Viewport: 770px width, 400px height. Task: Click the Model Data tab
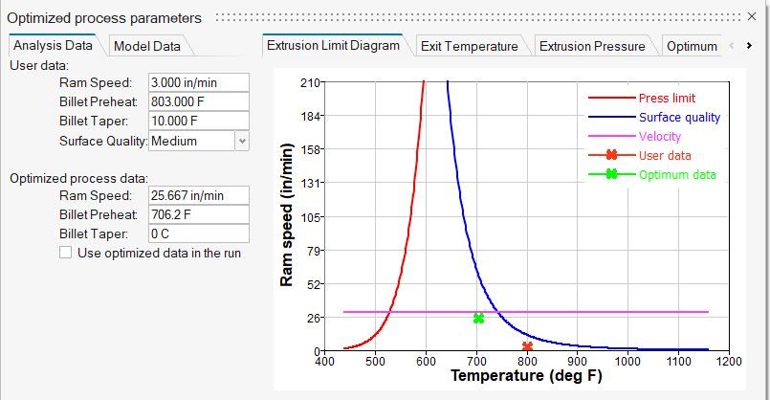(x=146, y=46)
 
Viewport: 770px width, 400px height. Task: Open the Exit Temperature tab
(x=469, y=46)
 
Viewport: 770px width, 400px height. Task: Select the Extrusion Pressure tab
(x=589, y=46)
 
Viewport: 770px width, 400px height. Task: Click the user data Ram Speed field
(x=198, y=83)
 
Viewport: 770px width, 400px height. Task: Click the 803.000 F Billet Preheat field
(x=198, y=102)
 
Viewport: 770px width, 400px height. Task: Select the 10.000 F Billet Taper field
(x=198, y=122)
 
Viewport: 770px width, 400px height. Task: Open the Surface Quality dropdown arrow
(x=242, y=141)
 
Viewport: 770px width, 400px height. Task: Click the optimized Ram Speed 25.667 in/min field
(x=198, y=195)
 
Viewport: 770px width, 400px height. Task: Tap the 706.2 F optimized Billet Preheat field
(x=198, y=214)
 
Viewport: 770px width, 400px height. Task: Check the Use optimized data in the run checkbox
(x=65, y=253)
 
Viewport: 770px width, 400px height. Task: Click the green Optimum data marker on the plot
(x=478, y=319)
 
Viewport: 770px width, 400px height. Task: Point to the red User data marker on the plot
(x=527, y=346)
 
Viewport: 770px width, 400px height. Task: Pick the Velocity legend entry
(x=660, y=136)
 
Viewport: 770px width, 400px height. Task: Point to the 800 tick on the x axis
(x=527, y=363)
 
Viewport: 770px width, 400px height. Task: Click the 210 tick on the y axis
(x=308, y=82)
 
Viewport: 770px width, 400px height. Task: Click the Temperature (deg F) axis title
(x=526, y=376)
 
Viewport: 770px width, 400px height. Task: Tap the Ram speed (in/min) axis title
(x=286, y=218)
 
